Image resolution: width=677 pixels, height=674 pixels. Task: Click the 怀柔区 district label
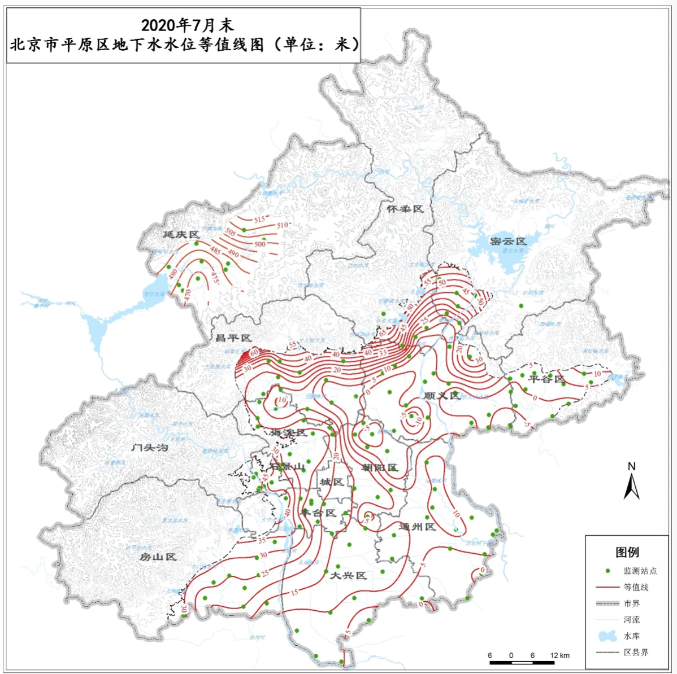pos(405,209)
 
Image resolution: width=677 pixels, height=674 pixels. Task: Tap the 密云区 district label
pos(508,241)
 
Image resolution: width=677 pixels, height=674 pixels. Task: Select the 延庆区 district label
pos(181,234)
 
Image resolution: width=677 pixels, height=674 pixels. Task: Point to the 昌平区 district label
pos(233,338)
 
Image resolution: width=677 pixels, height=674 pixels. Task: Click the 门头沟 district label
pos(150,448)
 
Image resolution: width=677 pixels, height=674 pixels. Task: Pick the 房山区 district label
pos(158,557)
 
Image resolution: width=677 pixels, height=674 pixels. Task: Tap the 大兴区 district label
pos(348,575)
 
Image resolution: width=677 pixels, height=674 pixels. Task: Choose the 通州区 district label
pos(417,527)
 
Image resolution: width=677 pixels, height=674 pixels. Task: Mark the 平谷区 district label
pos(546,379)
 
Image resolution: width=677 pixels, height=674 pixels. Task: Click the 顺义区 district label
pos(442,396)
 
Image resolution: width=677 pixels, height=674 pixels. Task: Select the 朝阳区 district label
pos(380,467)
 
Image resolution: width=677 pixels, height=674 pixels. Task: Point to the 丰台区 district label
pos(318,513)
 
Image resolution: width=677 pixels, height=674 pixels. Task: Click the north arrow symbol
pos(631,483)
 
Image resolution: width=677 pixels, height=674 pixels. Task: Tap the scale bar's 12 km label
pos(560,655)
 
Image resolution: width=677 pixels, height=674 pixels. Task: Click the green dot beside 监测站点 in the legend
pos(607,571)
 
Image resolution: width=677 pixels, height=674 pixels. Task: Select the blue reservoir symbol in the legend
pos(607,636)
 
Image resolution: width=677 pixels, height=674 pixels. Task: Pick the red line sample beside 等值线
pos(607,587)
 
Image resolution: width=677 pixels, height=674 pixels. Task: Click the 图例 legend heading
pos(627,552)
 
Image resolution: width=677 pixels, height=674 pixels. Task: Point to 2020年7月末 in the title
pos(187,25)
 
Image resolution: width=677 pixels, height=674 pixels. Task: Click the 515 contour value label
pos(259,220)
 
